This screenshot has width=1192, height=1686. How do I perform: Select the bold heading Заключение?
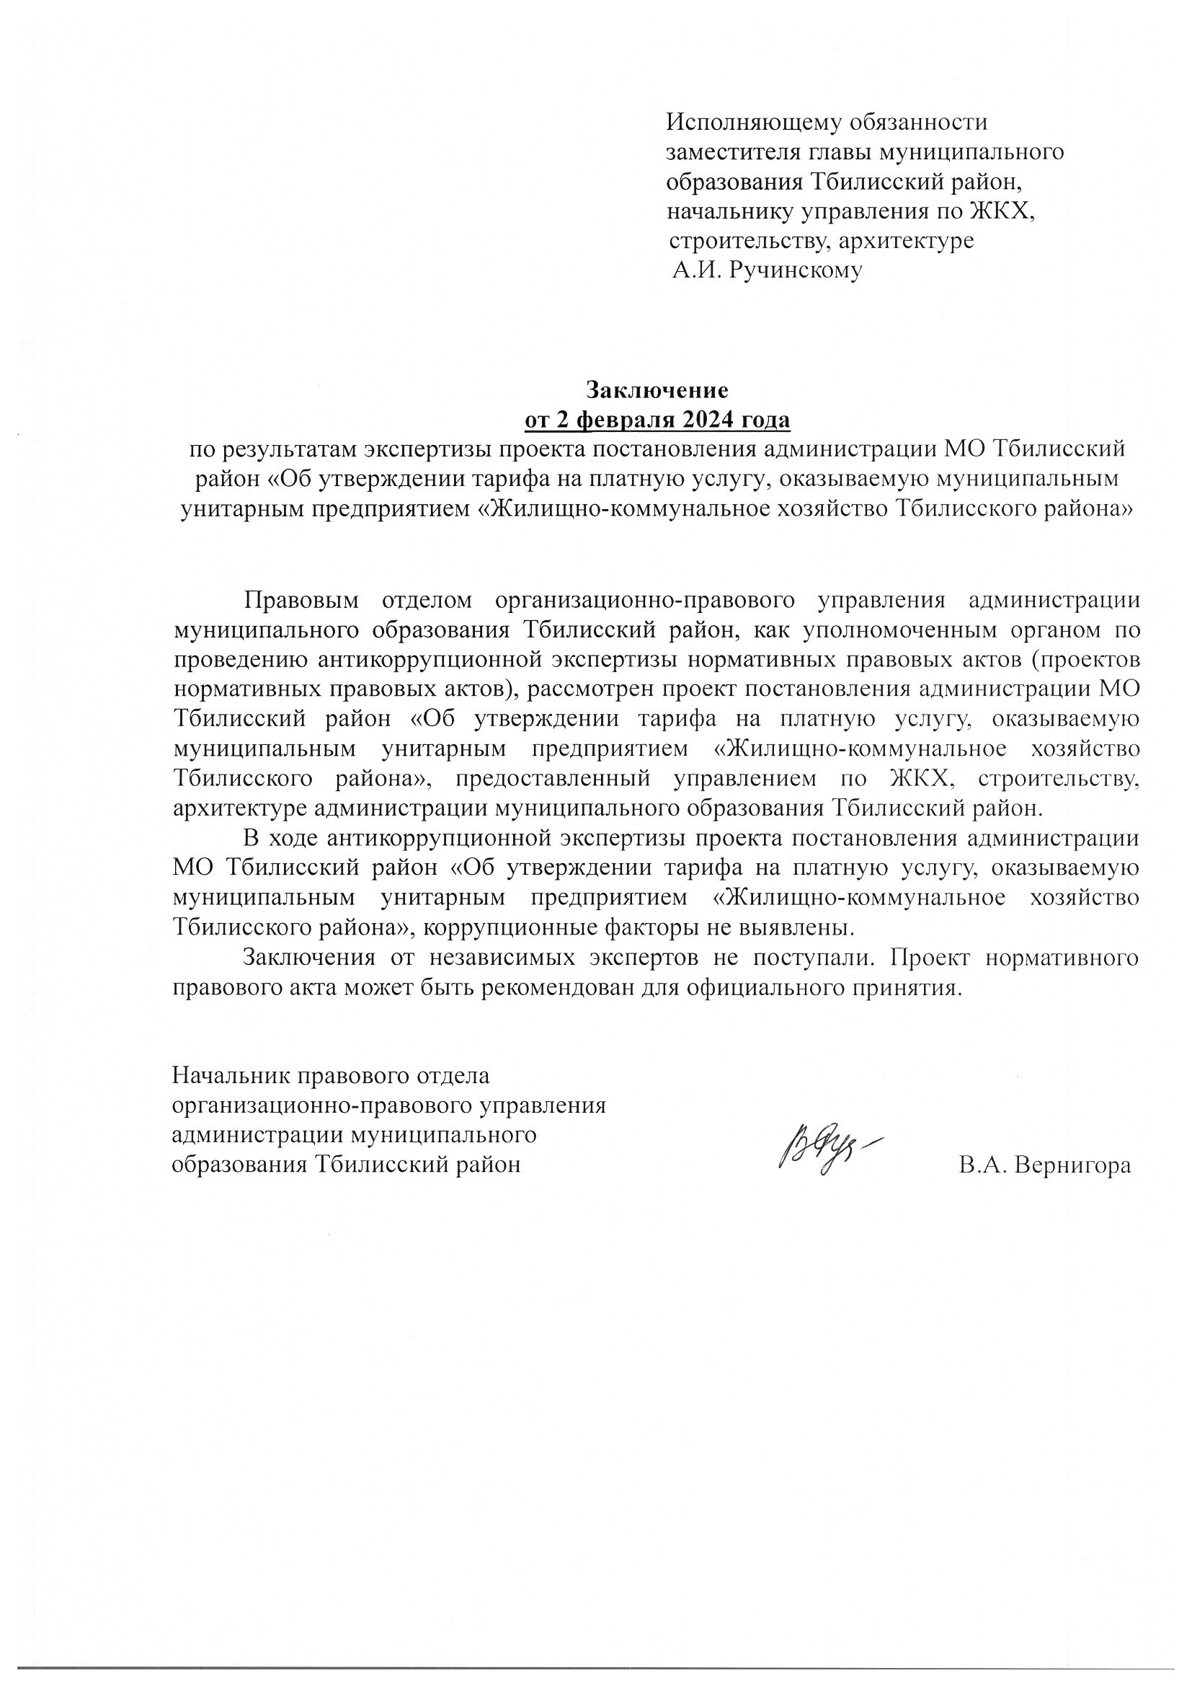point(657,389)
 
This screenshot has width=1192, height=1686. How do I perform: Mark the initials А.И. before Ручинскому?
point(693,271)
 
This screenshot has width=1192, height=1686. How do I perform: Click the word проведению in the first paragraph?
point(240,659)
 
